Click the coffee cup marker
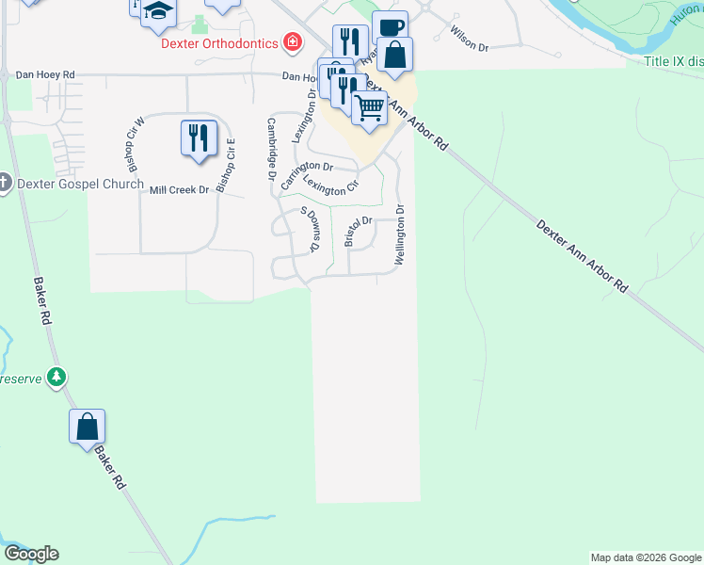coord(390,27)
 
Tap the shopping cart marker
coord(370,106)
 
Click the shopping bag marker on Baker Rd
coord(87,426)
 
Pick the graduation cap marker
coord(159,11)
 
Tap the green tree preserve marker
coord(57,378)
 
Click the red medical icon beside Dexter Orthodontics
coord(294,42)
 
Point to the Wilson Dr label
coord(471,39)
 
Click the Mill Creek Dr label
coord(179,189)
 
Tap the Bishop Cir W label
coord(133,140)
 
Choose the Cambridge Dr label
coord(271,149)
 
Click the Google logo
coord(31,554)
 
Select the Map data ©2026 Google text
coord(646,557)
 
